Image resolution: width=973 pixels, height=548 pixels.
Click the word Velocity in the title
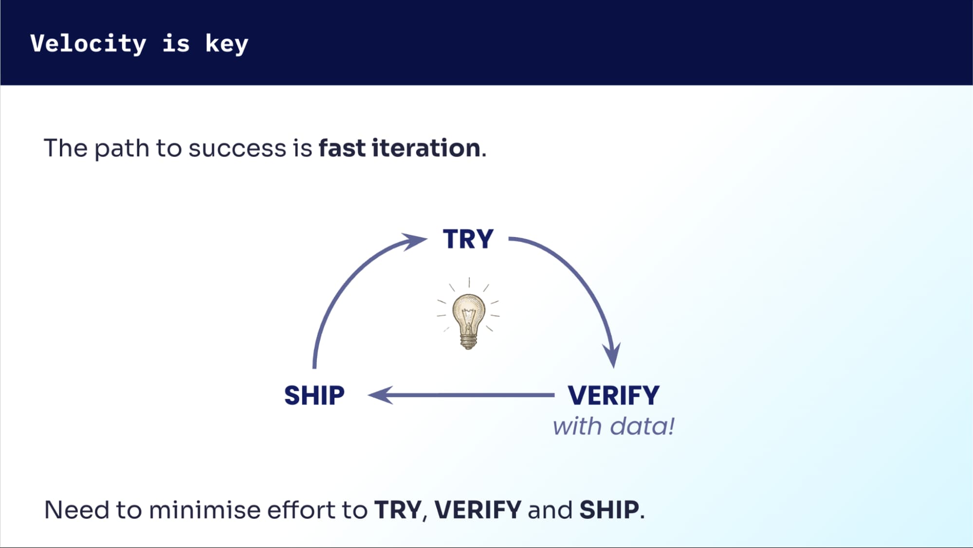coord(88,44)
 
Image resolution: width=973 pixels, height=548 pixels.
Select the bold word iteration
coord(426,148)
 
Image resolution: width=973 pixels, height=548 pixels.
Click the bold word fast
coord(342,148)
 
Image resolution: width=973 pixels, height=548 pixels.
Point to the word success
coord(237,149)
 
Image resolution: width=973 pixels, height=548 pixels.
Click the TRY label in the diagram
coord(468,239)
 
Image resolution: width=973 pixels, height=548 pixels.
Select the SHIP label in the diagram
coord(314,395)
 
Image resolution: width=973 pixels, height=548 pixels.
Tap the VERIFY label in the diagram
coord(613,395)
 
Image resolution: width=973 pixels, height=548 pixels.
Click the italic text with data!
coord(613,427)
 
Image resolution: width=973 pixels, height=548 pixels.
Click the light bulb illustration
coord(468,319)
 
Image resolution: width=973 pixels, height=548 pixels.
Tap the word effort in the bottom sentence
coord(302,510)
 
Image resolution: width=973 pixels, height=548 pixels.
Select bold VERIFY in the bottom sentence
coord(477,510)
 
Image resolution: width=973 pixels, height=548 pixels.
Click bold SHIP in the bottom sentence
coord(609,510)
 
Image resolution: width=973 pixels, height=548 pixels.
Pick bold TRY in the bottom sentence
coord(398,510)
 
